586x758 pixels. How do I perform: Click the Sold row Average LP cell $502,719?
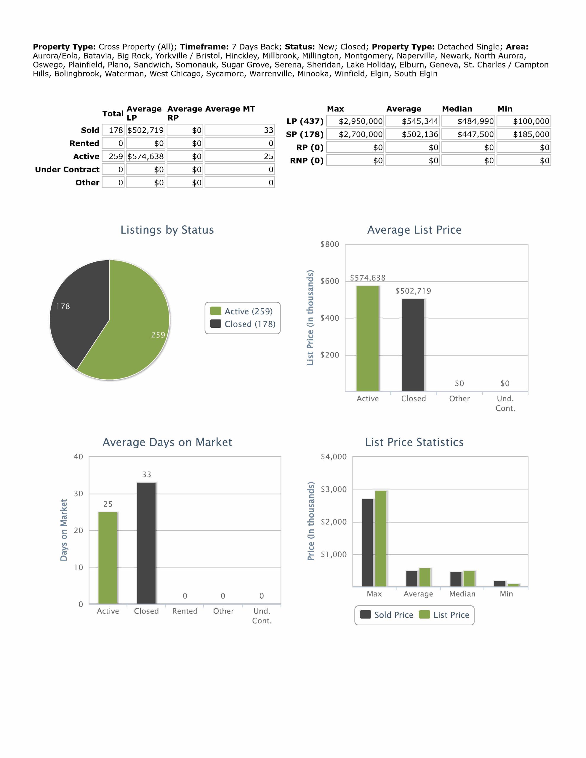pos(145,130)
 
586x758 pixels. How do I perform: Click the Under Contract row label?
pos(67,170)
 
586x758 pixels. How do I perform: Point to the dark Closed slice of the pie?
pos(80,312)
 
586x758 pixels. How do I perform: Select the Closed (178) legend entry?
pos(243,324)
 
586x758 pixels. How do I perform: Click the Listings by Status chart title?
pos(167,230)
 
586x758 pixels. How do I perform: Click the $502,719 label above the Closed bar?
pos(413,291)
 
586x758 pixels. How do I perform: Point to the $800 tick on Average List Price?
pos(330,244)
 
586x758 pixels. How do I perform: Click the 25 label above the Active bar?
pos(108,504)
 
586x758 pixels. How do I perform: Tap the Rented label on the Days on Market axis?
pos(185,611)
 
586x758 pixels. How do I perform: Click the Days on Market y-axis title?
pos(64,530)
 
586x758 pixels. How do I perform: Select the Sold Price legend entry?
pos(387,615)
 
